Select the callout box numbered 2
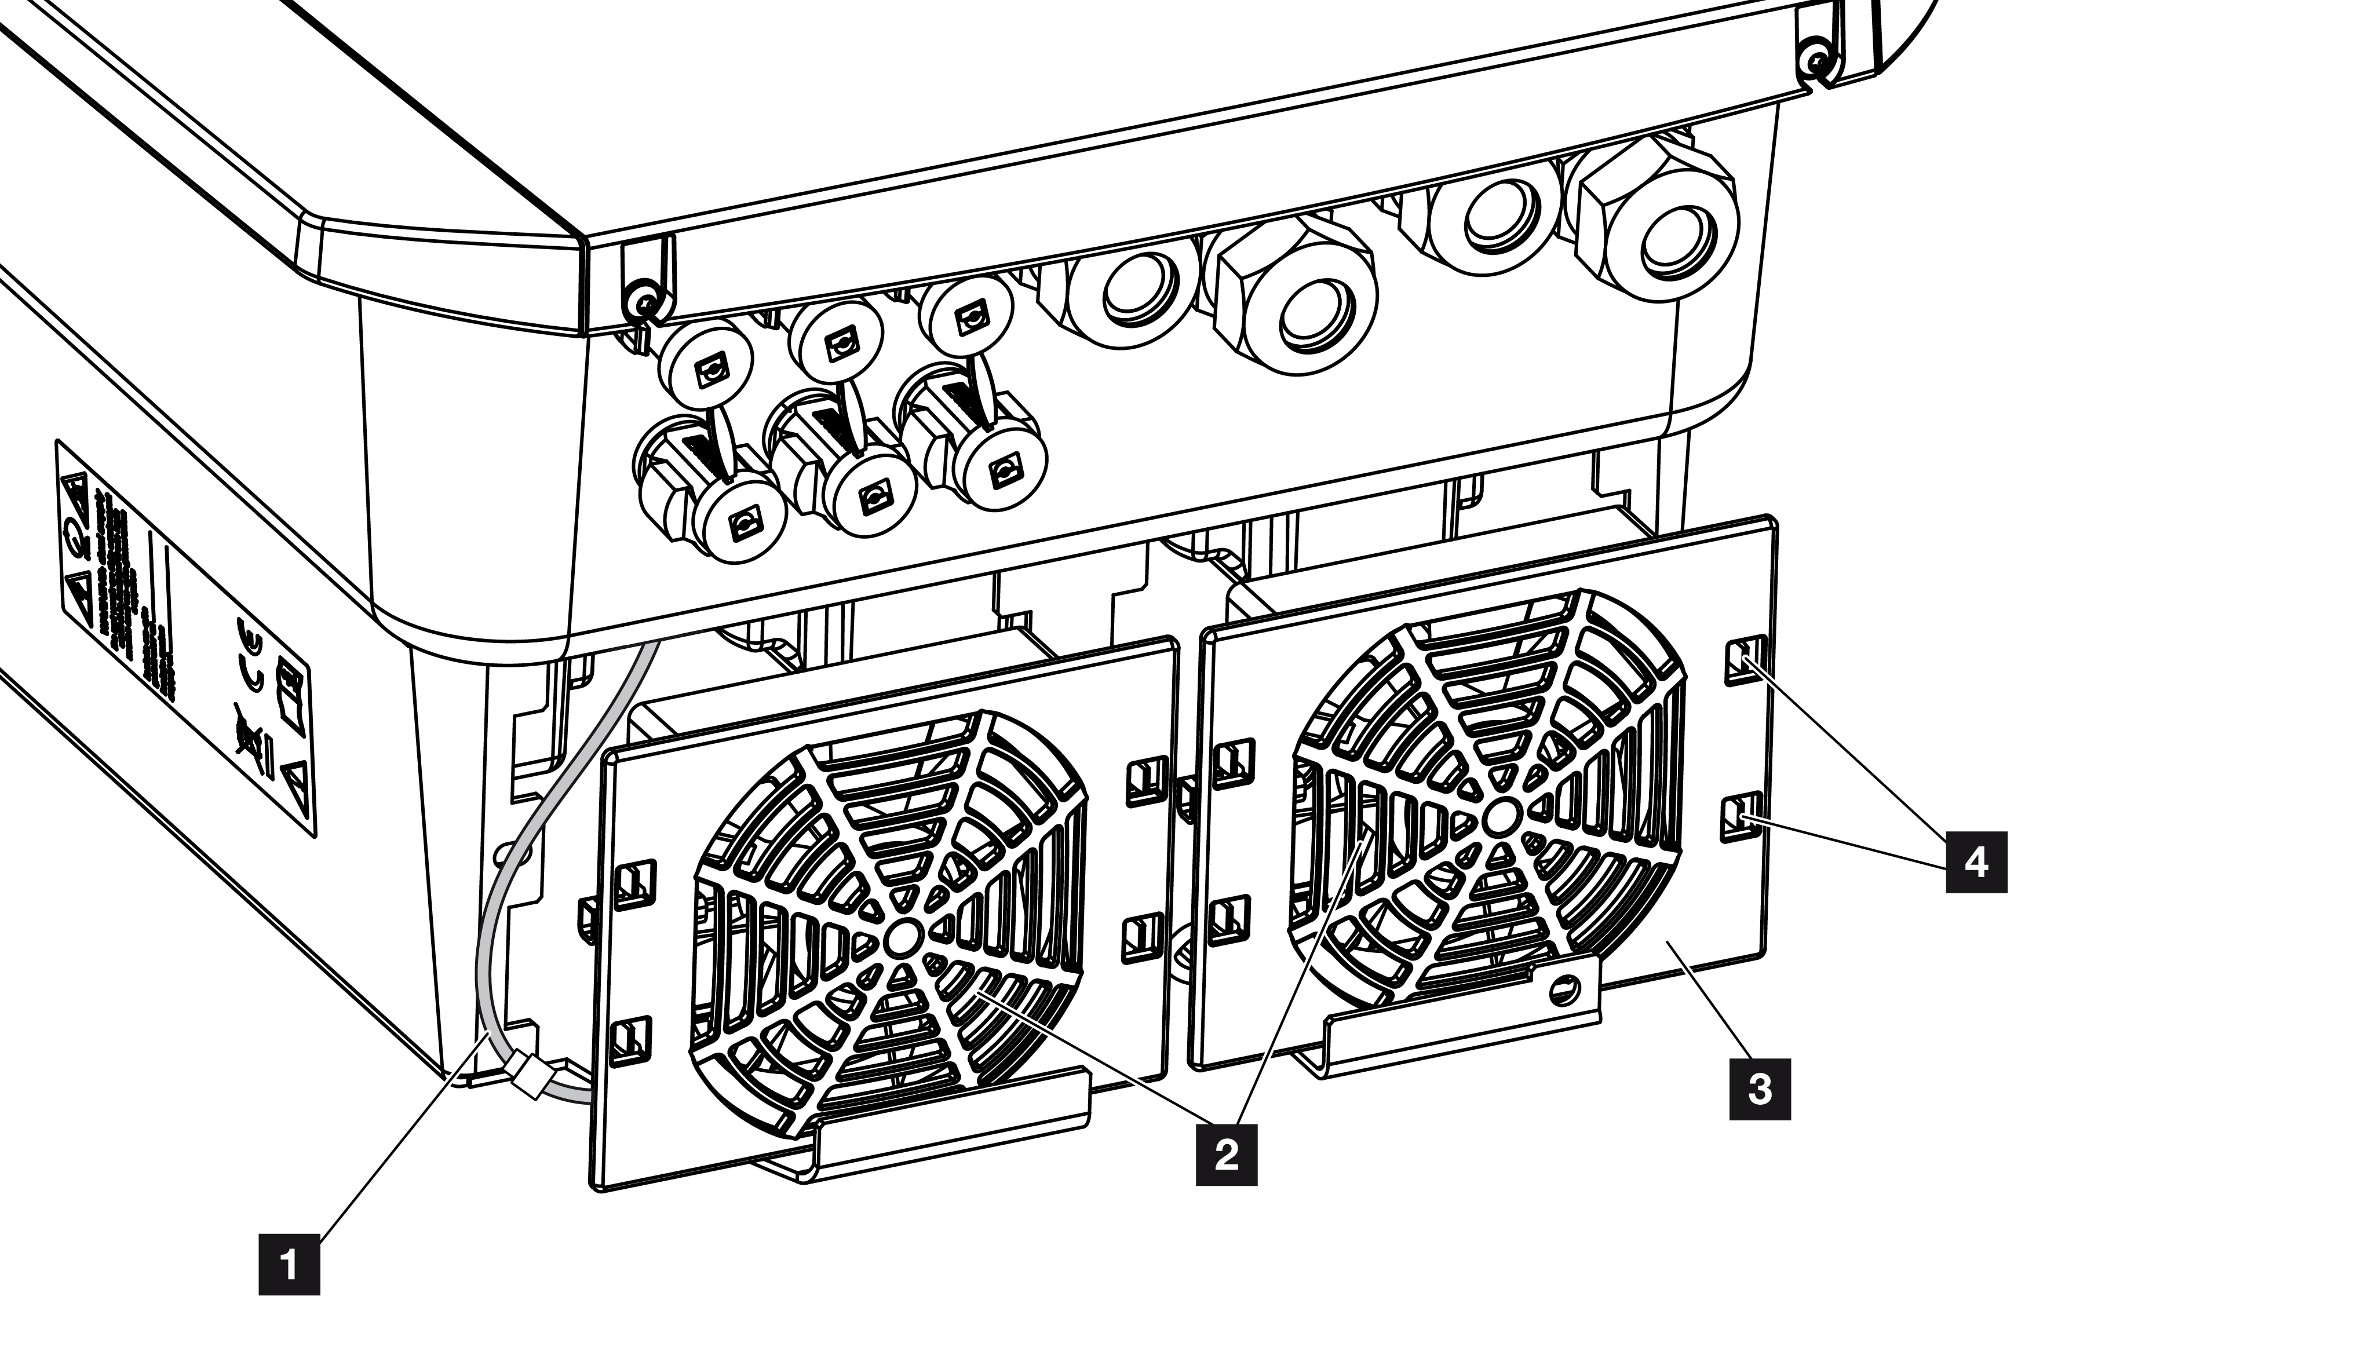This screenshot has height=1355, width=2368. pos(1226,1155)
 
